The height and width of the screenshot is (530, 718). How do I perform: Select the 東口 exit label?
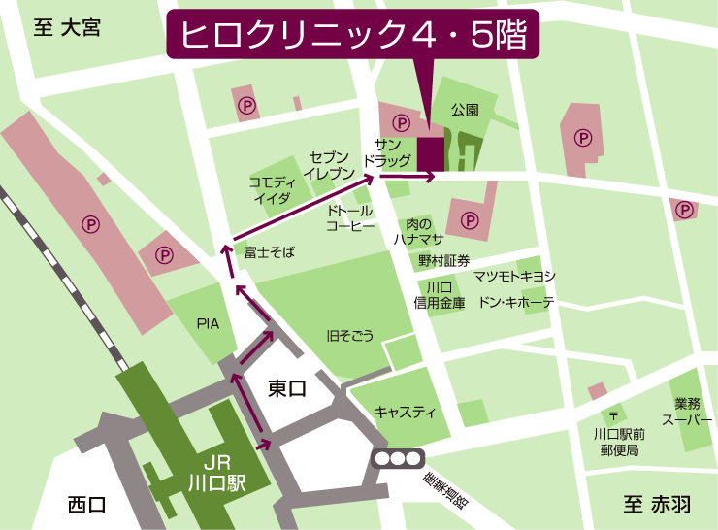[286, 389]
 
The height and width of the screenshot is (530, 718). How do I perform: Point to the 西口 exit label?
[86, 505]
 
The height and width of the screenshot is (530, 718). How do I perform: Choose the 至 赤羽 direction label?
[657, 505]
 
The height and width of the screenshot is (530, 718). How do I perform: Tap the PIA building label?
[208, 322]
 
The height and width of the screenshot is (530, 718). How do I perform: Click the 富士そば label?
[269, 252]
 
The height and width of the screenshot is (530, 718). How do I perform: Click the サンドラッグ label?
[387, 150]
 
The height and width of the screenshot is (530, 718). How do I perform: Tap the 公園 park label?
[465, 111]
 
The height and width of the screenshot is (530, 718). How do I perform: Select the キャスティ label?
[404, 412]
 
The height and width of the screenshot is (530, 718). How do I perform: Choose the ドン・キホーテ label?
[515, 303]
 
